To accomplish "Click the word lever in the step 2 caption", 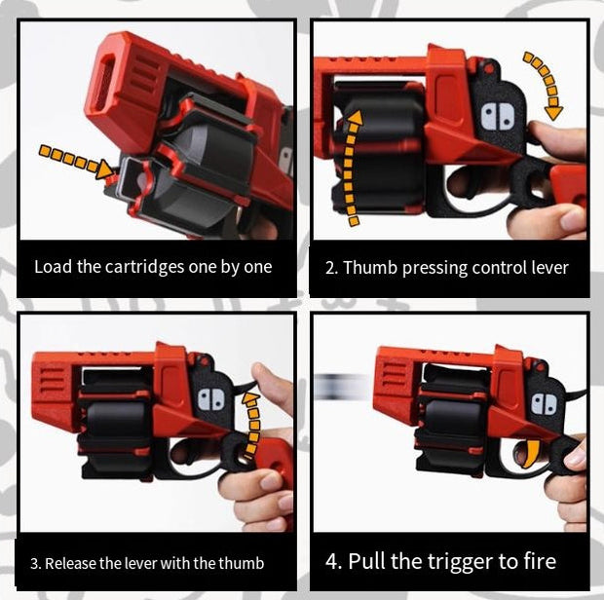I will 547,267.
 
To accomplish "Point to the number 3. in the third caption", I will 35,563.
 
